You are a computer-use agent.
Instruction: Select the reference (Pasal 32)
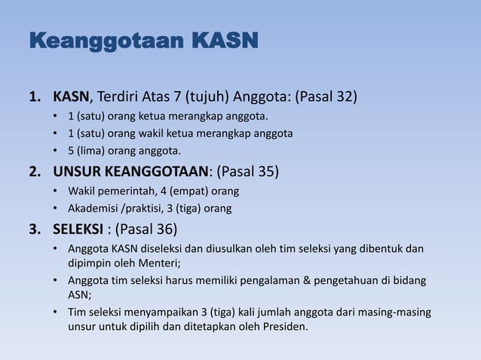(x=326, y=98)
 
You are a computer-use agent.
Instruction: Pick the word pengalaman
(x=279, y=281)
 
